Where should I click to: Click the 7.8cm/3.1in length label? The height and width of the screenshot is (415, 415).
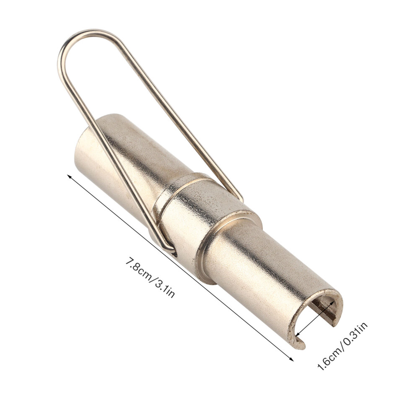(x=150, y=278)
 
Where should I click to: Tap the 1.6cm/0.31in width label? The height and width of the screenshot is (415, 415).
(x=342, y=346)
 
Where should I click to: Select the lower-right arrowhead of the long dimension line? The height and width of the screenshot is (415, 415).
(x=291, y=358)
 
